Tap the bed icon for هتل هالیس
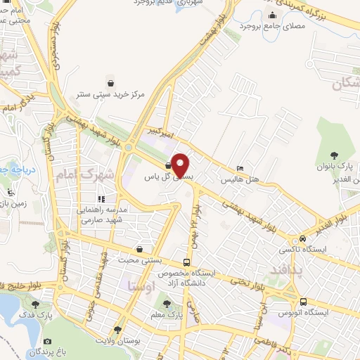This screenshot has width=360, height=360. [240, 169]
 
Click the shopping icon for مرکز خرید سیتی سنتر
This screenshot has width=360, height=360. [109, 82]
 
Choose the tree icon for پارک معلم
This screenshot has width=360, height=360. [167, 304]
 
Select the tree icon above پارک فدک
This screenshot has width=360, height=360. [36, 304]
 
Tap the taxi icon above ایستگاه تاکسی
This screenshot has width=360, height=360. [302, 238]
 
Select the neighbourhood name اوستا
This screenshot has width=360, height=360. [142, 285]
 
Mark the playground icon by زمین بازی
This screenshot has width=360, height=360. [10, 191]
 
